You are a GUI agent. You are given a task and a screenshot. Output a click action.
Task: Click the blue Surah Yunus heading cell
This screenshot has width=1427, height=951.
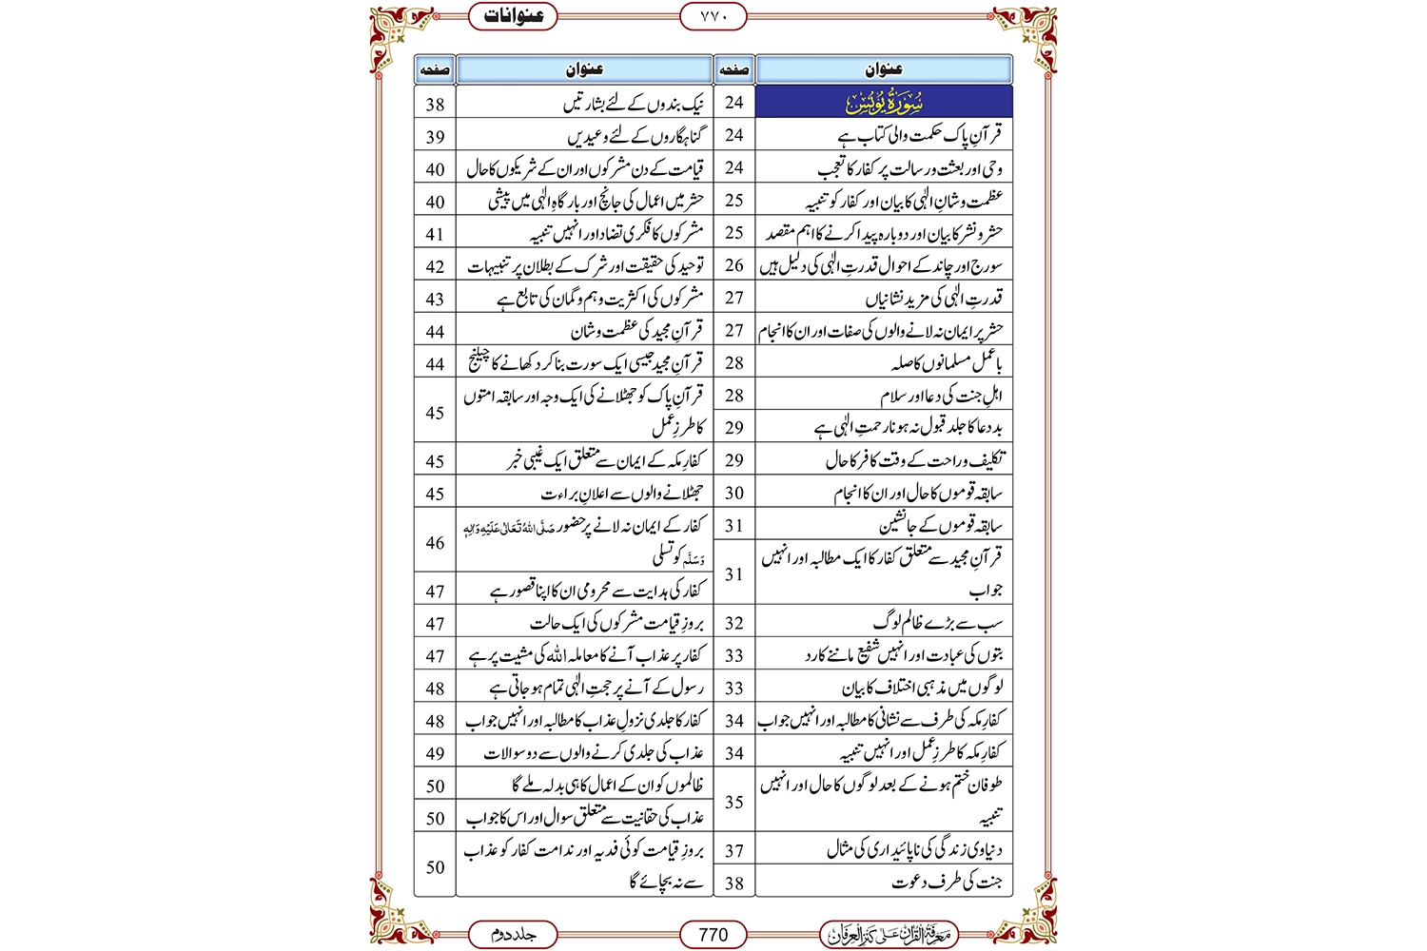884,102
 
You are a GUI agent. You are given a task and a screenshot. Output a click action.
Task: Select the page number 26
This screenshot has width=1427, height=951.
733,265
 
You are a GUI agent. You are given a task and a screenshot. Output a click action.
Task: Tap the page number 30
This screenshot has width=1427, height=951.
733,493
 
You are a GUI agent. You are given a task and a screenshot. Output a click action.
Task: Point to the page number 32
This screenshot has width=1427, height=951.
733,623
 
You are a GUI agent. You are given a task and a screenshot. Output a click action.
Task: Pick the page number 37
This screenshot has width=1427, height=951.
733,850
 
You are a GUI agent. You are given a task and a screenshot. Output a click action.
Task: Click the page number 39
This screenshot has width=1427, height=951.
435,137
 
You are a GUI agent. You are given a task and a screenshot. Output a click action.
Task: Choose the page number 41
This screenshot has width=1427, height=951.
435,234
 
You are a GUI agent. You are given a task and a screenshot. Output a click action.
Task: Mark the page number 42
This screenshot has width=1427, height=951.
435,267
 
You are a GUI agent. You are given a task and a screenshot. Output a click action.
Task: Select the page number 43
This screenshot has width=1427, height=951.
435,300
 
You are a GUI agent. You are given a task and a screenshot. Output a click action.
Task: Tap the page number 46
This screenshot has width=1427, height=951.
435,542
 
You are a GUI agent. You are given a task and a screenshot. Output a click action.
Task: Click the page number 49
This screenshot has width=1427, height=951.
435,753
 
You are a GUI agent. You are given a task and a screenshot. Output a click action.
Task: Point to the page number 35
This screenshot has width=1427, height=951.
733,802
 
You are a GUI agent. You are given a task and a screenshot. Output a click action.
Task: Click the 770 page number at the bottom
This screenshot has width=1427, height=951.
713,935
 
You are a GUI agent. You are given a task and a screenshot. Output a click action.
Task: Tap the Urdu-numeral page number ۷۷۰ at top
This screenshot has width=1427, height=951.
713,16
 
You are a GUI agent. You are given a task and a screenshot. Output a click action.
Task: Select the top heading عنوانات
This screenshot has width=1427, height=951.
514,16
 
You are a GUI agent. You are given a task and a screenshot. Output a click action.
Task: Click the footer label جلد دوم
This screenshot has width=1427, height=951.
514,935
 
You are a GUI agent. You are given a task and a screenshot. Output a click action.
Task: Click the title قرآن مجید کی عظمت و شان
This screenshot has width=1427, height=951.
636,332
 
